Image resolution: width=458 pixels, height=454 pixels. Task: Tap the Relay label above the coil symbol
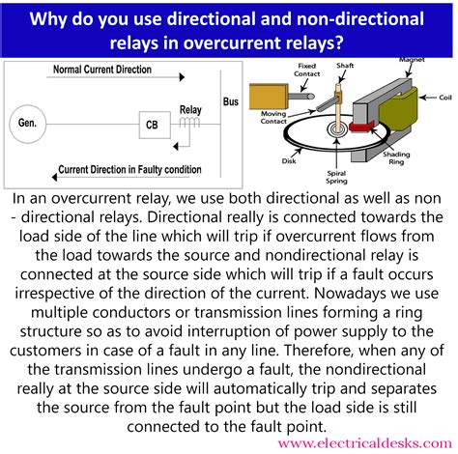(190, 110)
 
